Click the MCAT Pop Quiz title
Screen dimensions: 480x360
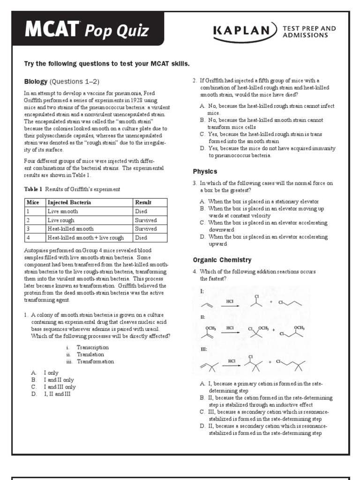pyautogui.click(x=87, y=30)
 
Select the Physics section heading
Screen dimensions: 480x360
pyautogui.click(x=205, y=172)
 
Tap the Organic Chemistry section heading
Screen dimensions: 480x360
pyautogui.click(x=222, y=260)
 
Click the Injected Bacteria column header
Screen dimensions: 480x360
pyautogui.click(x=69, y=202)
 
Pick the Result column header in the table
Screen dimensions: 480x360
pyautogui.click(x=143, y=202)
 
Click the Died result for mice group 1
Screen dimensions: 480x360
pyautogui.click(x=141, y=211)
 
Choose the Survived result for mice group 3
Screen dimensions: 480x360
pyautogui.click(x=145, y=229)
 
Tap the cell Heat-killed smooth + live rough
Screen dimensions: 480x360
pyautogui.click(x=85, y=238)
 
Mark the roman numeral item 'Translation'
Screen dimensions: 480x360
pyautogui.click(x=90, y=355)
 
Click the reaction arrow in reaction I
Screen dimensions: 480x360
pyautogui.click(x=230, y=307)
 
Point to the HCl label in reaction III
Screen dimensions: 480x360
pyautogui.click(x=232, y=361)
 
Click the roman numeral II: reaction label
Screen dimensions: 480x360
pyautogui.click(x=203, y=317)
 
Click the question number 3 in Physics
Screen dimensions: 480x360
pyautogui.click(x=195, y=183)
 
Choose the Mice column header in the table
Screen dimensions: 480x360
pyautogui.click(x=32, y=202)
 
